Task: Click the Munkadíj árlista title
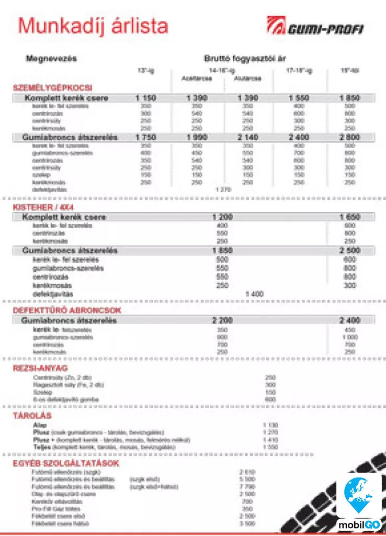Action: (x=93, y=26)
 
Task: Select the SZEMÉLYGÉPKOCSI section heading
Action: (x=52, y=88)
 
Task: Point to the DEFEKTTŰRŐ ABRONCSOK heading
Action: (x=67, y=310)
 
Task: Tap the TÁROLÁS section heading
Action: (x=32, y=416)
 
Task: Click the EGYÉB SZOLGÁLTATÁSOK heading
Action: (x=66, y=463)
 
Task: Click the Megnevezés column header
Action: (x=51, y=59)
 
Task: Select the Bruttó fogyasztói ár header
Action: (x=245, y=59)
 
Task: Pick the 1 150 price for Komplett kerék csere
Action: (x=145, y=98)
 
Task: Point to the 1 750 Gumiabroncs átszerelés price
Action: (x=145, y=137)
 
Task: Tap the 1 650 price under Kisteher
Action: (x=349, y=217)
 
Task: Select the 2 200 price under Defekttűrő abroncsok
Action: (x=222, y=320)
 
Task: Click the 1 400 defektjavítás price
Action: (x=254, y=294)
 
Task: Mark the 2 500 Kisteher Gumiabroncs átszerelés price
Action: (x=349, y=251)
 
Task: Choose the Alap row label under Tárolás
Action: (x=40, y=425)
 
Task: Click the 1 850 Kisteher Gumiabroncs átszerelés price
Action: (x=222, y=251)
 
